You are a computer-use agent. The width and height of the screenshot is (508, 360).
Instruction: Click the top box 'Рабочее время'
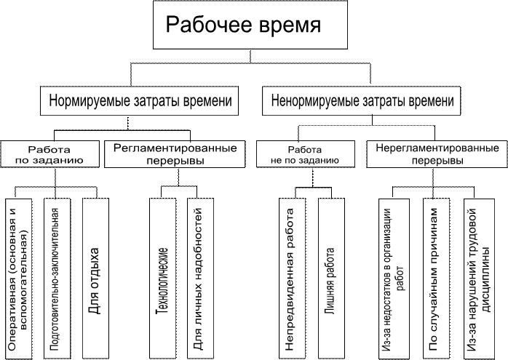(245, 25)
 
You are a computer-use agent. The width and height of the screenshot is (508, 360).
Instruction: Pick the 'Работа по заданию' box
(49, 153)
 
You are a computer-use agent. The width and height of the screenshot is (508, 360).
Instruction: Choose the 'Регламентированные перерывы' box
(175, 153)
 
